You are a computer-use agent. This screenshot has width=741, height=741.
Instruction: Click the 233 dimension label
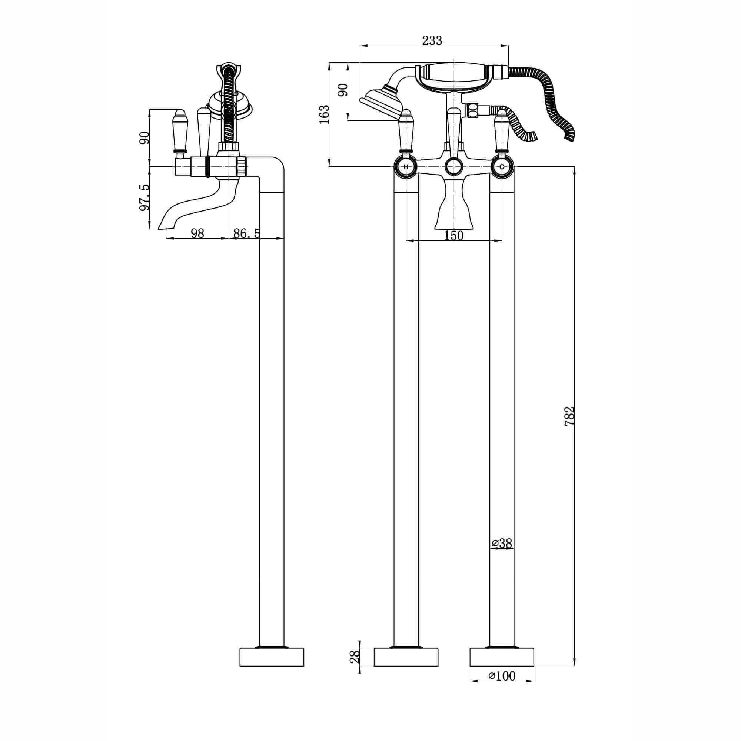coord(432,40)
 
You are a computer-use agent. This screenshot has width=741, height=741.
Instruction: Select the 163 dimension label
coord(325,114)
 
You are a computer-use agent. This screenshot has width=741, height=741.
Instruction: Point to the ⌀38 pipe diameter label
coord(502,543)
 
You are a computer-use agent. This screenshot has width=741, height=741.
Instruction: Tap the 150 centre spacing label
coord(454,236)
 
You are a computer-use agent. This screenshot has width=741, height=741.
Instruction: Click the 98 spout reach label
coord(197,233)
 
